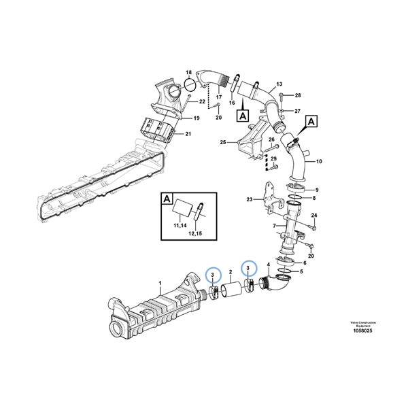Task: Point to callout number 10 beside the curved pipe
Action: (320, 161)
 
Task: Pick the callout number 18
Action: (189, 73)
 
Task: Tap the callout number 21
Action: (188, 134)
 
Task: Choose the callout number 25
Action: (222, 142)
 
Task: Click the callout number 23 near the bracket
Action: (250, 200)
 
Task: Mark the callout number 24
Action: (314, 216)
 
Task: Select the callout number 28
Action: (297, 95)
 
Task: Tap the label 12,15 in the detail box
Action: (196, 233)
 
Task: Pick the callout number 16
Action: (231, 103)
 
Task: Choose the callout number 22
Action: (202, 102)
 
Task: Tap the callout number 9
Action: (316, 190)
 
